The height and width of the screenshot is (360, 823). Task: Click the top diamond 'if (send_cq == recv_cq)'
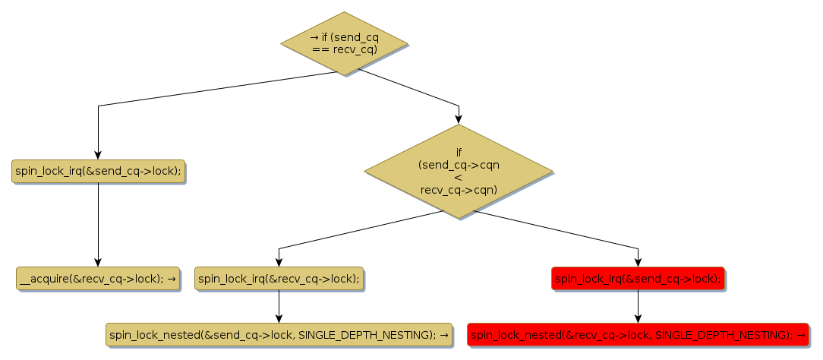[x=344, y=43]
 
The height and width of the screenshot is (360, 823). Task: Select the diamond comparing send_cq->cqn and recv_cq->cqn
[x=459, y=172]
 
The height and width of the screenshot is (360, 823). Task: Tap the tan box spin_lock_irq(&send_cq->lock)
[x=98, y=171]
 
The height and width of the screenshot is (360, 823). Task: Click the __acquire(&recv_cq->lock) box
[x=97, y=279]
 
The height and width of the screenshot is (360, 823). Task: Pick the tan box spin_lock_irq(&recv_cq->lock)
[x=279, y=279]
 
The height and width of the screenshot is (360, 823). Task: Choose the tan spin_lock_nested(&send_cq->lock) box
[x=279, y=334]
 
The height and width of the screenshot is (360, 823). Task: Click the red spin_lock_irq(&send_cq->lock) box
[x=638, y=279]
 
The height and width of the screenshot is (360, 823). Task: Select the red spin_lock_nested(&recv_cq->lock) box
[x=638, y=334]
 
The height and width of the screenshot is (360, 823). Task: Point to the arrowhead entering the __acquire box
[x=98, y=263]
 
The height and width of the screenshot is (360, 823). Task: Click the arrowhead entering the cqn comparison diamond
[x=459, y=119]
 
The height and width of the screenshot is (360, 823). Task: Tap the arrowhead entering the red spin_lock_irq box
[x=638, y=263]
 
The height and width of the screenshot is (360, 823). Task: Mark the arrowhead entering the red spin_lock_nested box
[x=638, y=318]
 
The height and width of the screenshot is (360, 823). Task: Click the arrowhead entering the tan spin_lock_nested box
[x=279, y=318]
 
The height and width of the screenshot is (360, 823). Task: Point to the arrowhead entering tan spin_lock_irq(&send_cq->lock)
[x=98, y=155]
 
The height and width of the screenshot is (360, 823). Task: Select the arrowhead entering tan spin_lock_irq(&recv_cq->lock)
[x=279, y=263]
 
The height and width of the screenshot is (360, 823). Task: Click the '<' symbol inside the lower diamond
[x=459, y=177]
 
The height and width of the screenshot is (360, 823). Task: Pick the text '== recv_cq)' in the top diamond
[x=345, y=49]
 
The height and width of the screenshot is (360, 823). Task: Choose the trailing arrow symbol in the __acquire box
[x=172, y=279]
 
